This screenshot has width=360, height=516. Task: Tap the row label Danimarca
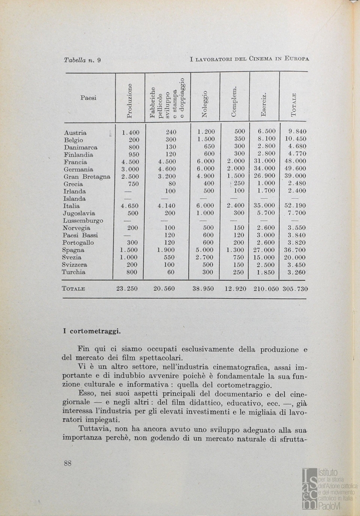point(80,148)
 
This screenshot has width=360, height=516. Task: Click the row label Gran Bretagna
point(86,177)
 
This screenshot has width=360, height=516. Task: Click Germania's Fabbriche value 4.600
point(167,169)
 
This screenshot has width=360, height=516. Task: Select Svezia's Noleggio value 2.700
point(205,257)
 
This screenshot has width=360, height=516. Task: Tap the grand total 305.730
point(295,289)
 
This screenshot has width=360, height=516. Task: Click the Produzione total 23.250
point(128,289)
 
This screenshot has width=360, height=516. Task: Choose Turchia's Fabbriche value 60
point(171,272)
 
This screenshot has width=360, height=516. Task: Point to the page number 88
point(67,462)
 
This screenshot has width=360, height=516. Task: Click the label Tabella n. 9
point(82,60)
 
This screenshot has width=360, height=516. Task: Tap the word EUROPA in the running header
point(296,60)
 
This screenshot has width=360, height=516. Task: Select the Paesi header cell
point(88,98)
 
